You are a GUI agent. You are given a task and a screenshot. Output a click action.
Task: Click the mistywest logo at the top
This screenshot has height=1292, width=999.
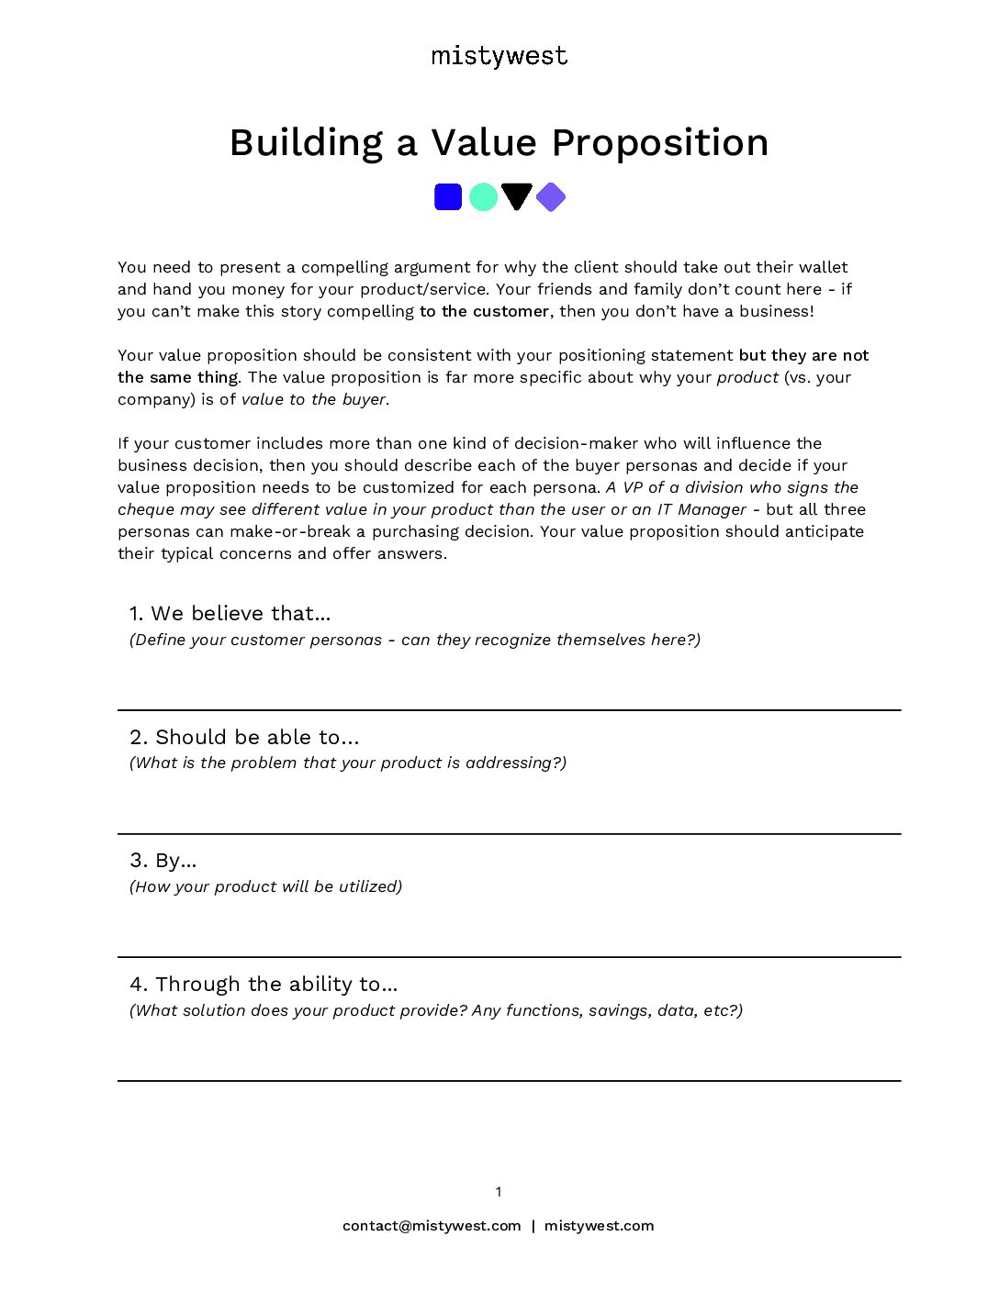499,56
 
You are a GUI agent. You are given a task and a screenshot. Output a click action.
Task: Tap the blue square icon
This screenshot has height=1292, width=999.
448,197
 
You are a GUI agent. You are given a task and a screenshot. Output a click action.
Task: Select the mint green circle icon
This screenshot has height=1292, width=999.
483,197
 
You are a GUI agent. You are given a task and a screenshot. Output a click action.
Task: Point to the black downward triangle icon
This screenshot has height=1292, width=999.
517,195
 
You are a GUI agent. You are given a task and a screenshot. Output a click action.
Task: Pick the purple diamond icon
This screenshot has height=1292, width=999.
551,197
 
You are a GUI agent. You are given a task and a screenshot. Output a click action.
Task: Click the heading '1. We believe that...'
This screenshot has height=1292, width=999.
230,613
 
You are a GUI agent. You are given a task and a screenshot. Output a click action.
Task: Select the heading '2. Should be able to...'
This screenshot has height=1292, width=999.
244,737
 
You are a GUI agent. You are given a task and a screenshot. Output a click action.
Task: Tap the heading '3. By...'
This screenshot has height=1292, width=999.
163,860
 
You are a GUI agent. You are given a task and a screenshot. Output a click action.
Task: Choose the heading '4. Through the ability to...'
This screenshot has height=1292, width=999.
264,984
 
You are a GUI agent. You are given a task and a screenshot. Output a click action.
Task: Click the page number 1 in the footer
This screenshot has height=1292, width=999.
499,1192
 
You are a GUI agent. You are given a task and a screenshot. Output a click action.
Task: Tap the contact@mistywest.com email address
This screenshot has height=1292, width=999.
432,1226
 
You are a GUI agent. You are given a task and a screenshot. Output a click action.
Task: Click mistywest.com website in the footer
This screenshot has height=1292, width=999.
599,1226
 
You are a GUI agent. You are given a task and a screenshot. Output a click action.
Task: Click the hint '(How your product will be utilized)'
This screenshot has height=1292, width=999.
266,886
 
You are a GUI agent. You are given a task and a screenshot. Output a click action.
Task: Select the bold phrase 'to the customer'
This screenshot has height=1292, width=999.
484,311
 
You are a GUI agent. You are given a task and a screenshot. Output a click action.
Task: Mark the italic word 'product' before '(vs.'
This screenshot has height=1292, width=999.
747,377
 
